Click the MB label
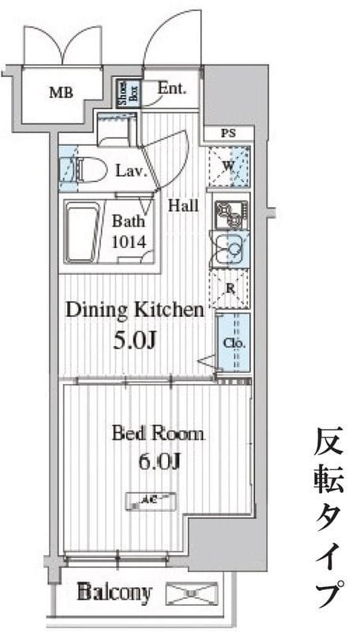61,93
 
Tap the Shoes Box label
124,93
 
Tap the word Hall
182,206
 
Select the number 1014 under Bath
128,243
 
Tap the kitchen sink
231,250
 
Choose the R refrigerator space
231,288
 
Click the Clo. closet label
234,344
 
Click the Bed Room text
158,433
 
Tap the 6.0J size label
158,461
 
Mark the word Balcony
114,591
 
